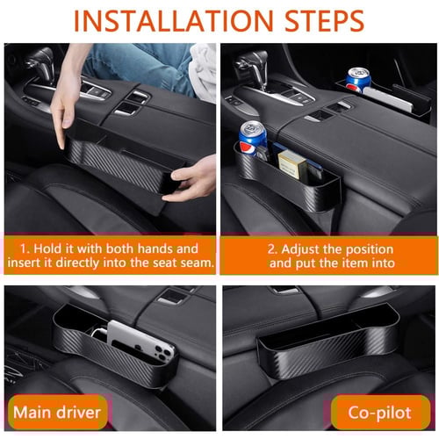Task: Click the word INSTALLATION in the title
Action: point(173,20)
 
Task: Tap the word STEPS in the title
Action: point(324,20)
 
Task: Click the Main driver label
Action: point(57,413)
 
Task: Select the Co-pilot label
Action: point(380,413)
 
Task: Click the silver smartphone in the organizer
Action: point(140,344)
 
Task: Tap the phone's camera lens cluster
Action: point(163,353)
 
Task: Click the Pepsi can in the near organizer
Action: point(253,139)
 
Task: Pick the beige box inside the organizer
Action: point(292,164)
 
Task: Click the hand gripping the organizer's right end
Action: point(191,180)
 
